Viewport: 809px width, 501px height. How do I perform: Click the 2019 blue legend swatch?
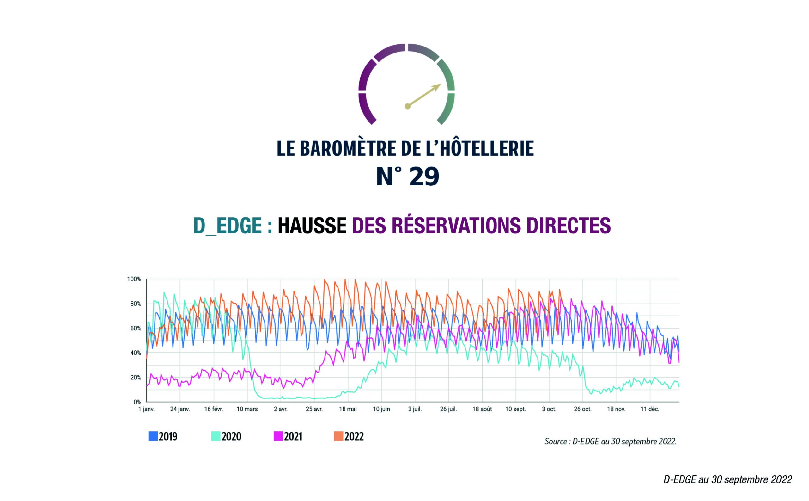[153, 436]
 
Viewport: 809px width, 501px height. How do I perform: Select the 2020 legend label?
[231, 437]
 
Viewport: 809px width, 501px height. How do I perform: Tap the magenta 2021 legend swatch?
[278, 436]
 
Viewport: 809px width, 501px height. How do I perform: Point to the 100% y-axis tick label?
[134, 279]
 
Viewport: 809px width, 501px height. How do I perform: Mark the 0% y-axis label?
[137, 402]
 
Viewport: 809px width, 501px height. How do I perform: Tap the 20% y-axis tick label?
[135, 377]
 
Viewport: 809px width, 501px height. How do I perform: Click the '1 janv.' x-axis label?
[146, 409]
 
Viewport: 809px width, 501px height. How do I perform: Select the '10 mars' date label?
[247, 409]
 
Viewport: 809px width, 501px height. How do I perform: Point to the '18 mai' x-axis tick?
[348, 409]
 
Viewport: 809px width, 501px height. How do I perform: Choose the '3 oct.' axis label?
[549, 409]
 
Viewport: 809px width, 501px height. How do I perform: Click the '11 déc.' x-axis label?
[649, 409]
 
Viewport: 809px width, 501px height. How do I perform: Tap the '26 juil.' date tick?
[448, 409]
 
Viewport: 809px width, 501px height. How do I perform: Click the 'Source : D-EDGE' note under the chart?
[611, 442]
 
